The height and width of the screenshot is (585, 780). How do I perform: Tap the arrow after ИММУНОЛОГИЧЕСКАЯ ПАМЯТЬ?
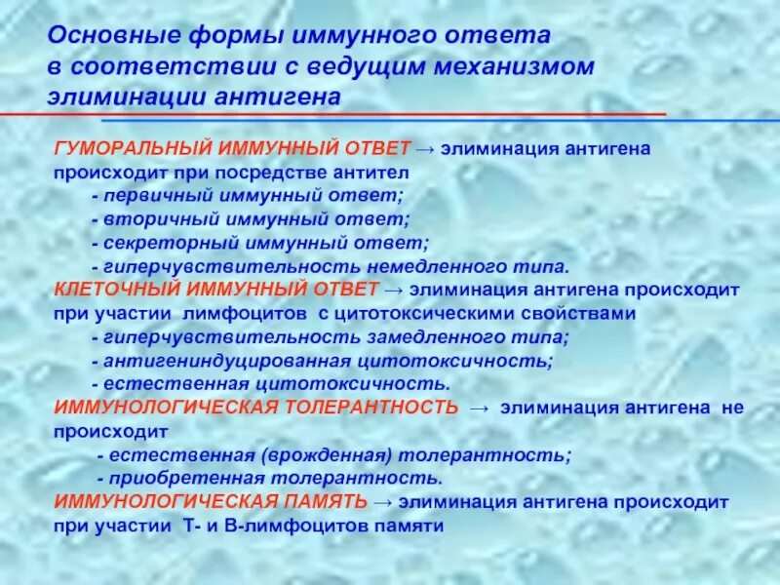click(x=382, y=501)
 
